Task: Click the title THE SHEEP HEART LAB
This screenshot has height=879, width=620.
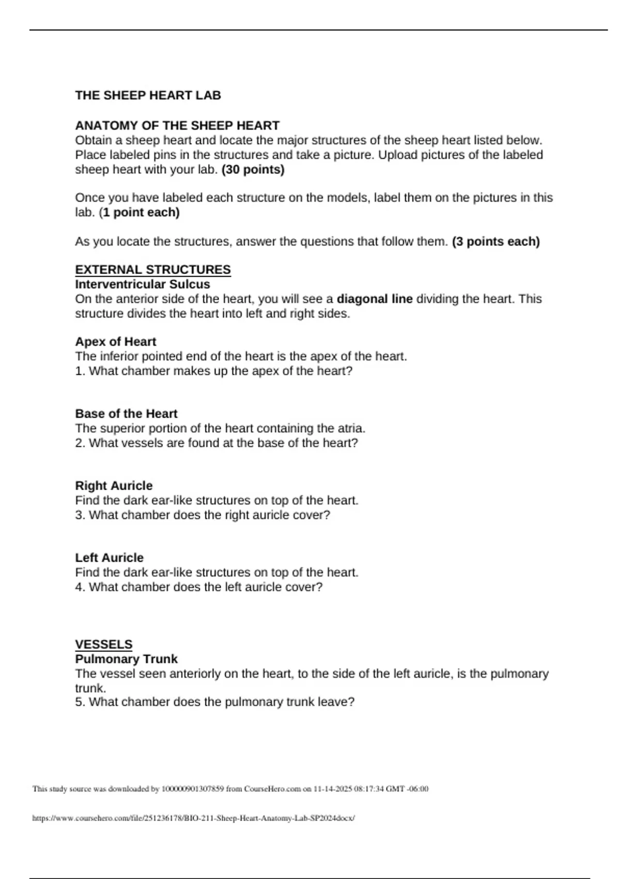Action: point(148,96)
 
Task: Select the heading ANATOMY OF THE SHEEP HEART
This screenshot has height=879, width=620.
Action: point(177,126)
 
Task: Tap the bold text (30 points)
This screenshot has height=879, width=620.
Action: point(253,170)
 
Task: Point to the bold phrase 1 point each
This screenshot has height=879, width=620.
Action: point(141,213)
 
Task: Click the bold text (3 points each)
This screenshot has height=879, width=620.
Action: point(495,241)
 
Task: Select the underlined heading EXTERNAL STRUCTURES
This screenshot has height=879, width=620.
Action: point(153,270)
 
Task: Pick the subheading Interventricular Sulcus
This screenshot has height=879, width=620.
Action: point(143,284)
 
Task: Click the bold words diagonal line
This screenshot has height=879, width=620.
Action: point(375,299)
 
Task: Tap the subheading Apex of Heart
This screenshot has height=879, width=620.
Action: point(116,342)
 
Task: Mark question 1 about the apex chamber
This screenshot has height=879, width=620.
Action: point(214,371)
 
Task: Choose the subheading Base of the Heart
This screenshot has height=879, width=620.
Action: point(126,414)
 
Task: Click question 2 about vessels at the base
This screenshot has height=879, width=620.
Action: point(216,443)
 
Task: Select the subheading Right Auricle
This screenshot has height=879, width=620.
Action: point(114,486)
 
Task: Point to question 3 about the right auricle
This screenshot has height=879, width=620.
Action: point(203,515)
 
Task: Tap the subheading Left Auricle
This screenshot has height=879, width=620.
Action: point(110,558)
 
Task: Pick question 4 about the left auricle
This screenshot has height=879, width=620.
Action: point(199,587)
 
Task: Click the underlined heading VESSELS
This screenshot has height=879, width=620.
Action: point(104,645)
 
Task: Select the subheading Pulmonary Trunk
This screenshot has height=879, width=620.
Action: point(126,659)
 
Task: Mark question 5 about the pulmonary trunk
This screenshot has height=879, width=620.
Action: point(215,702)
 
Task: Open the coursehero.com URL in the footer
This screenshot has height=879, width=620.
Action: point(194,819)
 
